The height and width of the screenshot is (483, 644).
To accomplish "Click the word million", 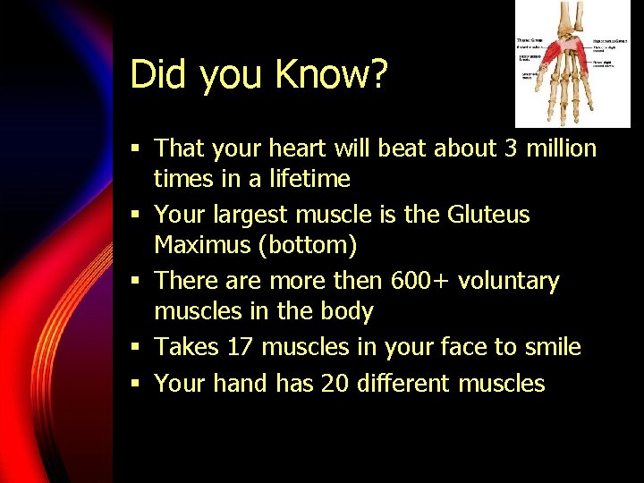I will point(561,148).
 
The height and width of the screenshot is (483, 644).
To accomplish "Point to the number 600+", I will point(420,281).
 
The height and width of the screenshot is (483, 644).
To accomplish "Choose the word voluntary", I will point(509,281).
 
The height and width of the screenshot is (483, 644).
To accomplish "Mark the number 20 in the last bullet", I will point(334,384).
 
